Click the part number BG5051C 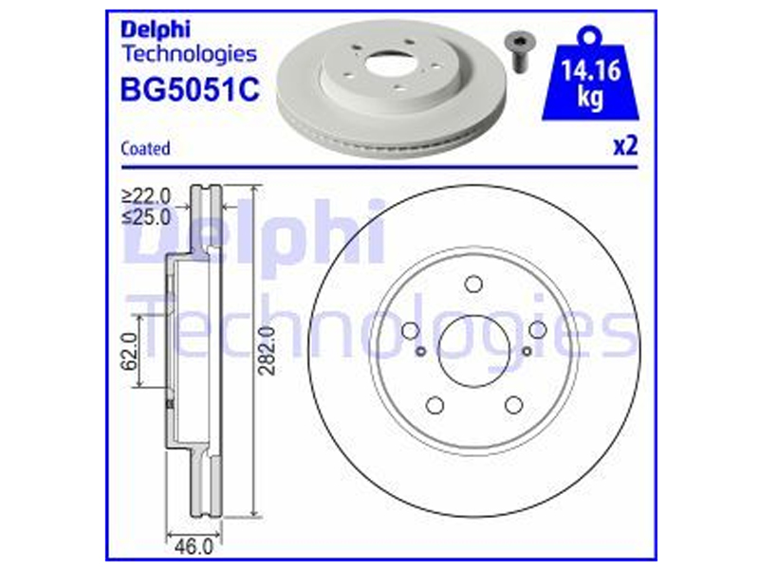click(190, 89)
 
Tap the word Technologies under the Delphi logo click(189, 54)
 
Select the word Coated click(145, 148)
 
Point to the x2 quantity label click(625, 146)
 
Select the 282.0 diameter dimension click(267, 350)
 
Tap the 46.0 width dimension click(194, 547)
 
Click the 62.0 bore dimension click(129, 351)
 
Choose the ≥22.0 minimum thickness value click(147, 196)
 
